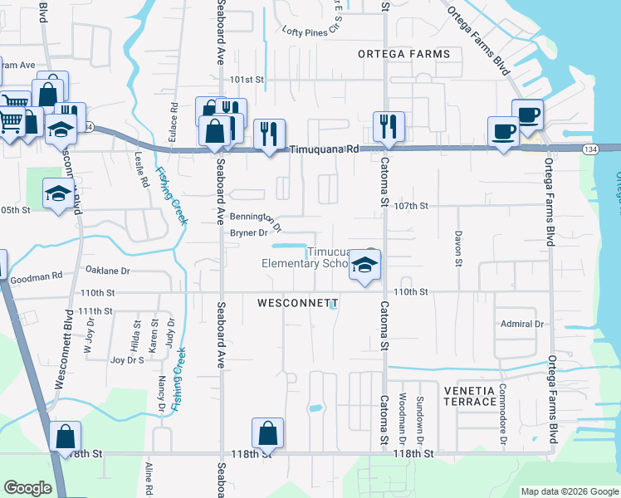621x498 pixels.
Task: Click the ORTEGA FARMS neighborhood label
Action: click(x=403, y=54)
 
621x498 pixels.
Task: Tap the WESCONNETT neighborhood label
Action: click(x=298, y=304)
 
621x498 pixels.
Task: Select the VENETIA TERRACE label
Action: click(x=469, y=396)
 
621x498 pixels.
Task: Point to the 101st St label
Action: click(x=247, y=81)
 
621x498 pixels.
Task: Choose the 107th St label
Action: click(x=411, y=206)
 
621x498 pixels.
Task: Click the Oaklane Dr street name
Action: click(x=108, y=271)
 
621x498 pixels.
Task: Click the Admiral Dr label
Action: click(x=521, y=324)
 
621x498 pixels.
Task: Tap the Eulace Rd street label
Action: click(x=174, y=120)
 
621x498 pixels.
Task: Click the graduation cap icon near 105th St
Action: click(x=57, y=193)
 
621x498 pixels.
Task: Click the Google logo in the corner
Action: click(x=28, y=488)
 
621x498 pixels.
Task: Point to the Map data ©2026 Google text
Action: click(x=570, y=491)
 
